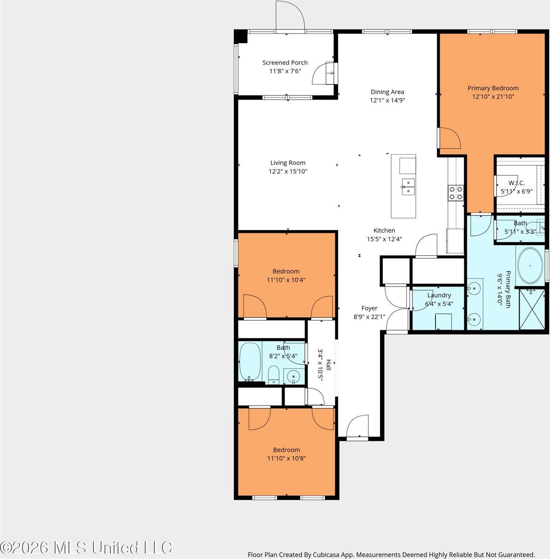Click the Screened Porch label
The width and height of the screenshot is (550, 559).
[x=285, y=63]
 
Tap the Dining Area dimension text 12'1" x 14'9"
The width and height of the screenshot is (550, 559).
[x=387, y=100]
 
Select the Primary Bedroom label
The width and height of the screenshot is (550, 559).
[x=493, y=88]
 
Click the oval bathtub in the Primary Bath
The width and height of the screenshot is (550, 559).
[x=530, y=266]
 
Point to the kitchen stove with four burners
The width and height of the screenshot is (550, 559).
[x=456, y=193]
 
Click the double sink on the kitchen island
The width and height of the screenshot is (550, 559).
[x=408, y=187]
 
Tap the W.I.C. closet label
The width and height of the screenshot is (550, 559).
[x=516, y=183]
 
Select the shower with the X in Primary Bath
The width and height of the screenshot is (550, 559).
[x=532, y=309]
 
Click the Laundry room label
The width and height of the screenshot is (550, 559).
[x=439, y=295]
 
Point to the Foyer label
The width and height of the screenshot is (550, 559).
[x=369, y=308]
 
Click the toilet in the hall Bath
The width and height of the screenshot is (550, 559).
[x=273, y=375]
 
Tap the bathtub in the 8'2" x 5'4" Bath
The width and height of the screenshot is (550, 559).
[x=250, y=362]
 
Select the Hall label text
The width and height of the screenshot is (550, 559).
[x=328, y=365]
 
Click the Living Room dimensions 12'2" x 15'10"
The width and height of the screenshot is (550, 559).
[x=288, y=171]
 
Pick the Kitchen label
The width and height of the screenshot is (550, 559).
[x=384, y=231]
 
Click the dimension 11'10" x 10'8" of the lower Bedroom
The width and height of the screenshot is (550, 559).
[x=286, y=458]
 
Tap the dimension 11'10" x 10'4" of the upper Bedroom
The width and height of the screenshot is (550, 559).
[x=286, y=280]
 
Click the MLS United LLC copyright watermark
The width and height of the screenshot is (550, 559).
[x=86, y=548]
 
